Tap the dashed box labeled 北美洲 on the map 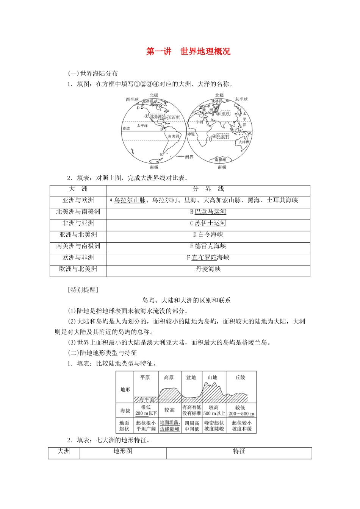pyautogui.click(x=156, y=116)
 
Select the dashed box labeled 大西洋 pyautogui.click(x=174, y=117)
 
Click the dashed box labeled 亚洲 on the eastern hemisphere pyautogui.click(x=225, y=113)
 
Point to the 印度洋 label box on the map pyautogui.click(x=222, y=136)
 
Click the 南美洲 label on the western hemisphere pyautogui.click(x=174, y=136)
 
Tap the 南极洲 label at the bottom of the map pyautogui.click(x=221, y=160)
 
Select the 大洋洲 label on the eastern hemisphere pyautogui.click(x=244, y=142)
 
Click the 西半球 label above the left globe pyautogui.click(x=132, y=100)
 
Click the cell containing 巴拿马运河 pyautogui.click(x=208, y=212)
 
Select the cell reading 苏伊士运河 pyautogui.click(x=208, y=223)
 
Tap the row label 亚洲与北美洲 pyautogui.click(x=78, y=234)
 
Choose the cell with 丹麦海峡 pyautogui.click(x=208, y=269)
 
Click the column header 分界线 pyautogui.click(x=208, y=189)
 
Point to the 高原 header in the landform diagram pyautogui.click(x=169, y=378)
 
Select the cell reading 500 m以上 pyautogui.click(x=214, y=414)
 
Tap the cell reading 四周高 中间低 pyautogui.click(x=192, y=426)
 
